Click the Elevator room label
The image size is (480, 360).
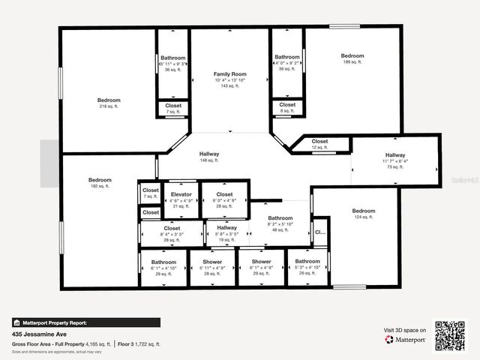point(181,195)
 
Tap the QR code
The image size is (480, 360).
point(450,336)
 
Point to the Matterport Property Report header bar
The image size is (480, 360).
point(85,322)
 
